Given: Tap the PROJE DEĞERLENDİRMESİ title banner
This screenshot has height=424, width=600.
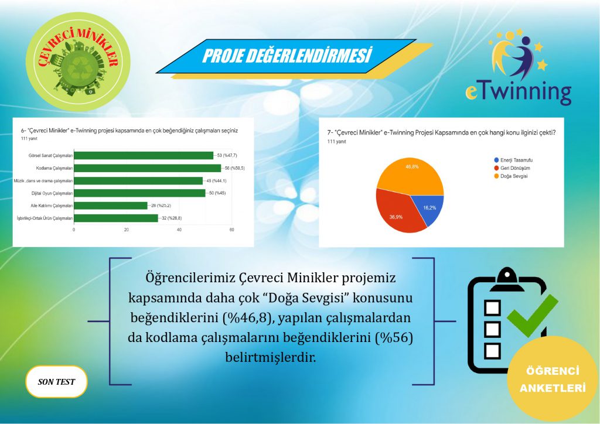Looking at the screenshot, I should (287, 56).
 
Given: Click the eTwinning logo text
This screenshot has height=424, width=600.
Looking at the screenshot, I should (518, 92).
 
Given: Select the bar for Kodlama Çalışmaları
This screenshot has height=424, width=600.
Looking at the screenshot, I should (147, 168).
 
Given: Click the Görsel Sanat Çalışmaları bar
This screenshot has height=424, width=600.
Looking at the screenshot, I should (143, 155).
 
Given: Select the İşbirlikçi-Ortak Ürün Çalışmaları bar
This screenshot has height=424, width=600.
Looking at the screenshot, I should (115, 218).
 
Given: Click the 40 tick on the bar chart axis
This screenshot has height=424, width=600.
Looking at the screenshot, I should (179, 230).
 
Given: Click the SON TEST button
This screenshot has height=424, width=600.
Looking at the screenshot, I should (56, 381).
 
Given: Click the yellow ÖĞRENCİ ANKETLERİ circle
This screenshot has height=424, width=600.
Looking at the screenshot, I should (552, 379).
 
